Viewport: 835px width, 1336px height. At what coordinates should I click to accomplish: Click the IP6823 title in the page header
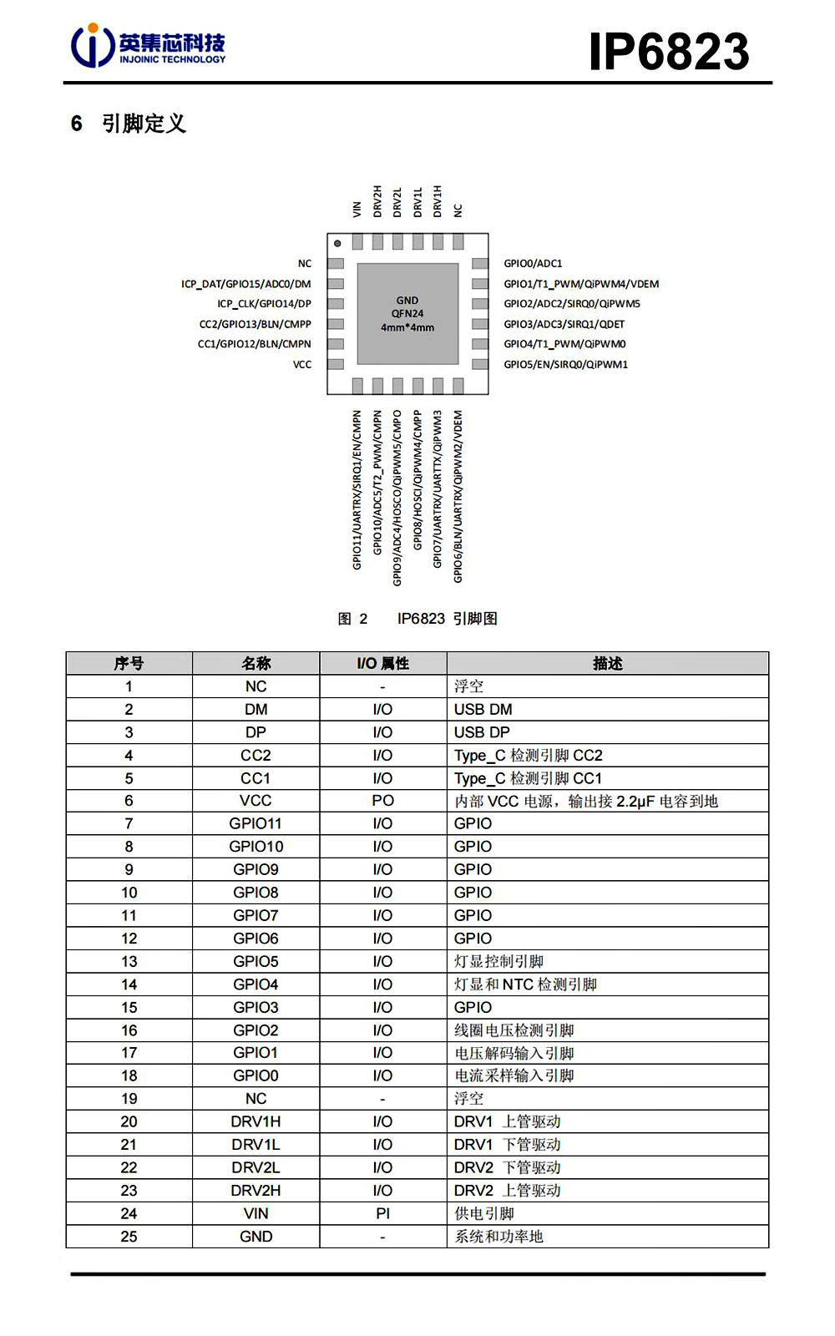click(669, 51)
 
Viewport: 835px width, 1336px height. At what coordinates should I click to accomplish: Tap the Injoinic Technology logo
click(148, 46)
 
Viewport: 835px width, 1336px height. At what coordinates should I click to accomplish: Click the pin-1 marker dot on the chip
click(337, 244)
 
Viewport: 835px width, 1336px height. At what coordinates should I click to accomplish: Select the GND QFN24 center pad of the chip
click(407, 314)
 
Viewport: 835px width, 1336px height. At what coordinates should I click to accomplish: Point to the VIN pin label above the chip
click(357, 209)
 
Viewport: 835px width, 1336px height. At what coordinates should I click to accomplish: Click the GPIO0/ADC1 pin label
click(533, 264)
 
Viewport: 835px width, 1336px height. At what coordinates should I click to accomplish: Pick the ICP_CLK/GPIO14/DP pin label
click(264, 304)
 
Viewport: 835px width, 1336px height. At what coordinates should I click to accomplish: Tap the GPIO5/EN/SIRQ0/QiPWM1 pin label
click(565, 365)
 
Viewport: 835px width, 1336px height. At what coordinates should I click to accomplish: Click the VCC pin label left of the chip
click(302, 365)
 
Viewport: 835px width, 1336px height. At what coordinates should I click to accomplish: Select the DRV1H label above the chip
click(438, 201)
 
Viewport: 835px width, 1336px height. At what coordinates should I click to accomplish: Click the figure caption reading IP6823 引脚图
click(447, 619)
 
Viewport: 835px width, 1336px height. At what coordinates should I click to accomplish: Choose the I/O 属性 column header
click(382, 664)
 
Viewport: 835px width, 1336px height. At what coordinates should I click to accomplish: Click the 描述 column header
click(607, 664)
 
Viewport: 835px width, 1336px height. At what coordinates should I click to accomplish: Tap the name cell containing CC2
click(256, 756)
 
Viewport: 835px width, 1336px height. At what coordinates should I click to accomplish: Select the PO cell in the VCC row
click(382, 801)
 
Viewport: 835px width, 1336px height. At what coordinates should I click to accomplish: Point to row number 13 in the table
click(129, 962)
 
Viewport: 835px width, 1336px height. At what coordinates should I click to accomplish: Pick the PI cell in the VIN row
click(382, 1214)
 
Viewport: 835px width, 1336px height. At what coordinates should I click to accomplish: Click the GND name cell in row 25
click(256, 1237)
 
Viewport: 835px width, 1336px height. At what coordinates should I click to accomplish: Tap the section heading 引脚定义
click(144, 124)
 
